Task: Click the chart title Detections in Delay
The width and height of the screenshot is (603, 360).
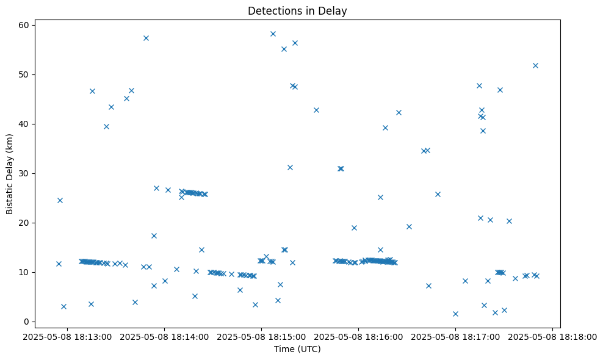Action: tap(297, 10)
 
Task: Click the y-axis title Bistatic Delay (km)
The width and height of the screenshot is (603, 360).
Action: tap(10, 174)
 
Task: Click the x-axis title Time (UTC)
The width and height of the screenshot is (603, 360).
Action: tap(297, 349)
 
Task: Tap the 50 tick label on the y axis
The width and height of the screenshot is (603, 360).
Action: tap(24, 74)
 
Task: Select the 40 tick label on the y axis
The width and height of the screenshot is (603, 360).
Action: tap(24, 124)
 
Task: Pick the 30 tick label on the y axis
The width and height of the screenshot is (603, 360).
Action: tap(24, 173)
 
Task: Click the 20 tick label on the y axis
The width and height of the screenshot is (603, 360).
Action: tap(24, 223)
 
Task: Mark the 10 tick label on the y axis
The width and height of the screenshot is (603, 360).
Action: tap(24, 272)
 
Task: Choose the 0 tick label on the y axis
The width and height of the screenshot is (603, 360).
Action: tap(27, 322)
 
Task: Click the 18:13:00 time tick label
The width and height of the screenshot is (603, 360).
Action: tap(67, 336)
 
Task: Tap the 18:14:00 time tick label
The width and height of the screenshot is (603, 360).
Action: tap(164, 336)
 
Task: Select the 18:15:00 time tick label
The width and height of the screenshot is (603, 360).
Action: tap(261, 336)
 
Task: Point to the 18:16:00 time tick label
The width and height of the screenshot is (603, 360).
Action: tap(358, 336)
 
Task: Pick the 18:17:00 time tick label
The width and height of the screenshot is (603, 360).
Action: tap(455, 336)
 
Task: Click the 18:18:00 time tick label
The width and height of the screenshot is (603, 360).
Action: tap(552, 336)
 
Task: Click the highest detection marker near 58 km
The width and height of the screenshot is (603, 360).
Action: tap(273, 34)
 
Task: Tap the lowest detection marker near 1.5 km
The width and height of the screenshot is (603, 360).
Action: tap(455, 314)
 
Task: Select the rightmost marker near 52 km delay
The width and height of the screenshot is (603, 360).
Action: tap(535, 65)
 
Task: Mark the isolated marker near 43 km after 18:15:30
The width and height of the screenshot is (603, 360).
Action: tap(316, 110)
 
